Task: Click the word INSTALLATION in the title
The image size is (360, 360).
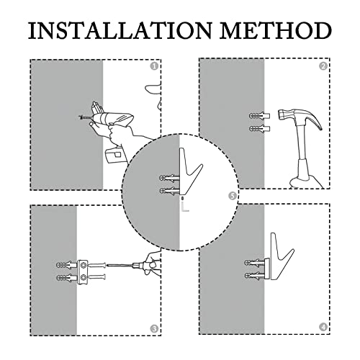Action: click(120, 30)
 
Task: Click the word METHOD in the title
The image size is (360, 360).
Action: click(276, 30)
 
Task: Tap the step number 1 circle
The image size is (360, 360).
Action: click(154, 66)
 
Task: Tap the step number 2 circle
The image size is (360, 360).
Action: click(323, 66)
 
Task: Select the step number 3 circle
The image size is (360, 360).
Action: click(154, 329)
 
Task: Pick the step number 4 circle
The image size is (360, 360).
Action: click(323, 327)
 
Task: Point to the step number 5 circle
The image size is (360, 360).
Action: click(232, 196)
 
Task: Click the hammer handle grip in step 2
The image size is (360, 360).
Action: click(304, 171)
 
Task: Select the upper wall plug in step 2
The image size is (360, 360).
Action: click(260, 116)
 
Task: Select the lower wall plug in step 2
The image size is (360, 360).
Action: click(260, 129)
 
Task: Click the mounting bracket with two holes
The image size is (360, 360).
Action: click(83, 271)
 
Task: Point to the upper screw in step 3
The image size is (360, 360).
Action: click(97, 265)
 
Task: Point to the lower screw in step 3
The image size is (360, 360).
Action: click(97, 277)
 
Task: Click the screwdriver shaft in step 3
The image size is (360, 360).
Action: click(120, 265)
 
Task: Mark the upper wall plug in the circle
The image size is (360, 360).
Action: click(169, 179)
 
